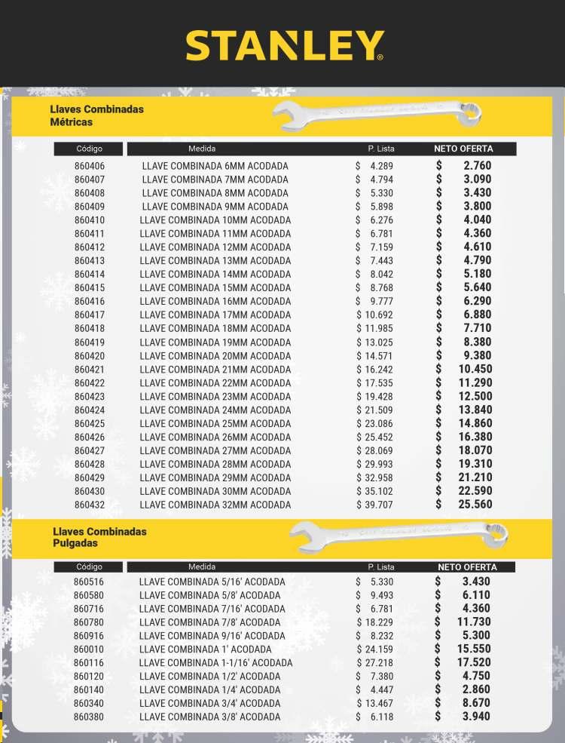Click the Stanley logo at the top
click(x=285, y=45)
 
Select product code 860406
click(x=90, y=166)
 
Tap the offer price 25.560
click(x=475, y=505)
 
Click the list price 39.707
click(x=375, y=505)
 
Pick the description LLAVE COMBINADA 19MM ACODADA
click(x=215, y=342)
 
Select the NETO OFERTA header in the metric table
click(x=463, y=149)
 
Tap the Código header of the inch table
click(x=89, y=566)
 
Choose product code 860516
click(x=90, y=582)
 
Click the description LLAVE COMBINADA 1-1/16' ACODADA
click(x=215, y=663)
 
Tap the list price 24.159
click(x=375, y=649)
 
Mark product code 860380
click(x=90, y=717)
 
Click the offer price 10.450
click(x=475, y=369)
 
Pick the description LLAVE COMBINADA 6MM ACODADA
click(x=215, y=166)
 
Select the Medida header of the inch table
click(x=202, y=566)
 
